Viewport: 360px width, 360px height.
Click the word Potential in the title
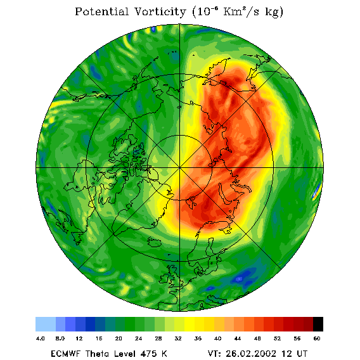click(101, 11)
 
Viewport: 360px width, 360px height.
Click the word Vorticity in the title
click(160, 11)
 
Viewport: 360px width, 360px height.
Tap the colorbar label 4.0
click(41, 338)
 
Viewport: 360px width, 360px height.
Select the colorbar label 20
click(119, 338)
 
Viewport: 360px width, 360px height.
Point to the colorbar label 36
click(198, 338)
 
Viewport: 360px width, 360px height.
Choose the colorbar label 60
click(317, 338)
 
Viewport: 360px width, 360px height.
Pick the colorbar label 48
click(257, 338)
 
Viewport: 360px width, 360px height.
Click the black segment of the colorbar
click(318, 324)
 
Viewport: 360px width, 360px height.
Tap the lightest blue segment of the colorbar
click(46, 324)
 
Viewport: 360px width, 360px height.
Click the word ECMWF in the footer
click(66, 353)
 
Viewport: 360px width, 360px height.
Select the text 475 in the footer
click(149, 353)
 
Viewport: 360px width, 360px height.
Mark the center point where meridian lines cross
click(180, 167)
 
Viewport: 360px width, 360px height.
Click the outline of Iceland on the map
click(154, 241)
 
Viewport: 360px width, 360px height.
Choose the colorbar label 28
click(158, 338)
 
